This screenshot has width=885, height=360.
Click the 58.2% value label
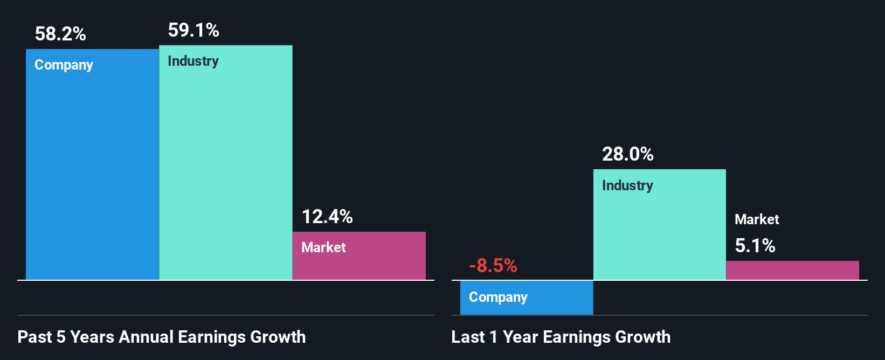pos(60,34)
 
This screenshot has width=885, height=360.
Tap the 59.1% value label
pos(193,30)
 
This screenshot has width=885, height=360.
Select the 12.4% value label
pos(327,217)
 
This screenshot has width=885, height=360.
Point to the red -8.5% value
pos(493,266)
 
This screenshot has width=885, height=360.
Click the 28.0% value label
pos(628,155)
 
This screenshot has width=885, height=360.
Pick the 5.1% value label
pos(755,246)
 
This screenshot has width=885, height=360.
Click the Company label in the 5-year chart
pos(64,65)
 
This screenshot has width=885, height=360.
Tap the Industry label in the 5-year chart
pos(193,61)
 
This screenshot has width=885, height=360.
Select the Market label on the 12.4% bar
pos(323,247)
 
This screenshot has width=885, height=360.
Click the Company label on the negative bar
pos(498,297)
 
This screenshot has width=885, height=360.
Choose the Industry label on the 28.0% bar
pos(627,186)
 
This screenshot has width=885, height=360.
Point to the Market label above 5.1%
pos(757,219)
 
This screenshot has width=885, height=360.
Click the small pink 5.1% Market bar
pos(792,271)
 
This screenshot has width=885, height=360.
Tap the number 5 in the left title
pos(61,337)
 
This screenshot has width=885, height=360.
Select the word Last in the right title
pos(468,337)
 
